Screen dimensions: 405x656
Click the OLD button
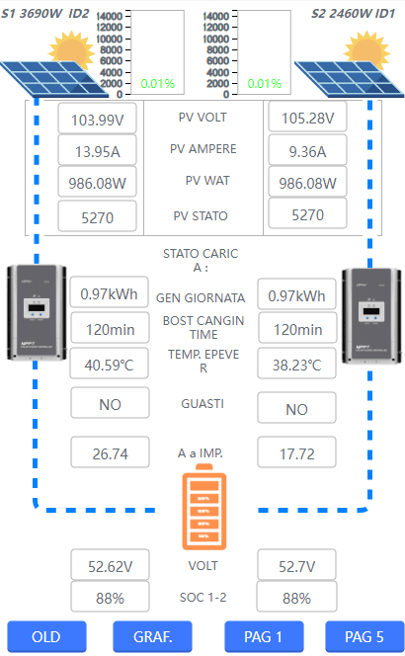46,636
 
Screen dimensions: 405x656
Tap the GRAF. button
152,636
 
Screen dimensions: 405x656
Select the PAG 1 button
264,636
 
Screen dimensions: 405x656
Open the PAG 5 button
364,636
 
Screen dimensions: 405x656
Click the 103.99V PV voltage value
97,119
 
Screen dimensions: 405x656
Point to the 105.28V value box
307,117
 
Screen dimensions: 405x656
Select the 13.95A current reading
97,150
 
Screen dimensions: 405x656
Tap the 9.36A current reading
307,150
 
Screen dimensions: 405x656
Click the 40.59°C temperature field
110,364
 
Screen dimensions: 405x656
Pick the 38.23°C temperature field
296,364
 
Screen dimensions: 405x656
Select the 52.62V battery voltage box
110,565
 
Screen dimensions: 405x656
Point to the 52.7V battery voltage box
296,565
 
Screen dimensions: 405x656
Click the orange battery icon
204,507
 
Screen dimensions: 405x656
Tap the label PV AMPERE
202,149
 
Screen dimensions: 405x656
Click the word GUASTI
202,404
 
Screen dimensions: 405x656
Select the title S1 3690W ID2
45,14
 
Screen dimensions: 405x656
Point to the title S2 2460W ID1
353,14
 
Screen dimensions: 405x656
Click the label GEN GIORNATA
201,298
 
